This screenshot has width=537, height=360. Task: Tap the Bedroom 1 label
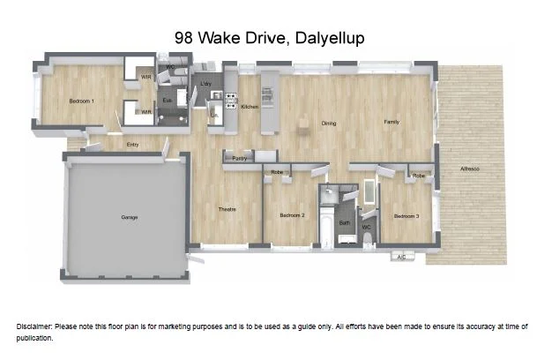coord(82,101)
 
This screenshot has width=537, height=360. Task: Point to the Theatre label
coord(227,209)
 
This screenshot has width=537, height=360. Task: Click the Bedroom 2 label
coord(292,215)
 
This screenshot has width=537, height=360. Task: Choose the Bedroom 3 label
coord(406,216)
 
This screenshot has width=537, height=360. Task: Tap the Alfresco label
coord(470,169)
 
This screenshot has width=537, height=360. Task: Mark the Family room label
coord(392,122)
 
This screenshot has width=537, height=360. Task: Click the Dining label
coord(329,124)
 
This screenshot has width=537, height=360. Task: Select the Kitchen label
coord(250,106)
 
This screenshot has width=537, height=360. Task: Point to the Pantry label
coord(239,158)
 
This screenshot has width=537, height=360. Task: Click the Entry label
coord(133,145)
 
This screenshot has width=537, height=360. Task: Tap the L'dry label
coord(206,85)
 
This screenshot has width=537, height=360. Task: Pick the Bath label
coord(345,222)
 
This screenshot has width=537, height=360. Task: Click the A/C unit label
coord(401,257)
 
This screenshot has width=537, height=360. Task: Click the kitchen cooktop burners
coord(231,100)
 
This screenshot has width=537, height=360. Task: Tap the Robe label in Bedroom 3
coord(419,176)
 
